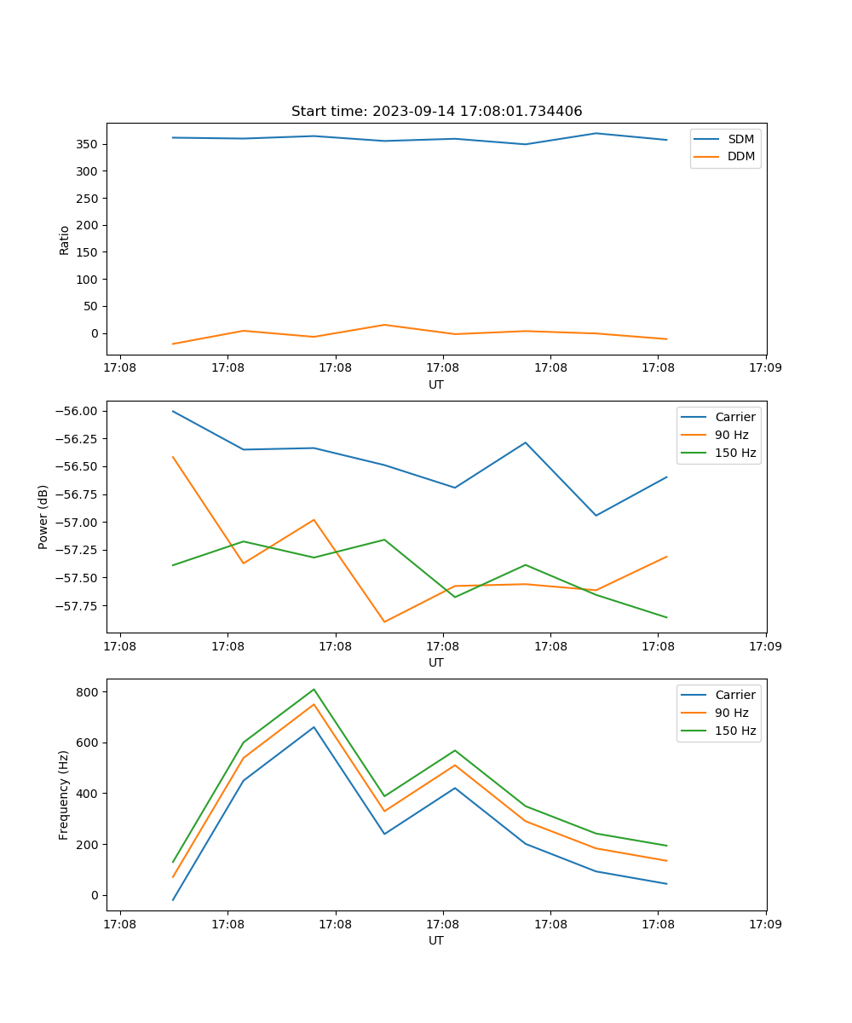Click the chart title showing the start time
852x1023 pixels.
click(436, 112)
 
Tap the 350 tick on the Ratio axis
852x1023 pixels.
click(89, 144)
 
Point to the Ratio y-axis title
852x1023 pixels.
click(65, 240)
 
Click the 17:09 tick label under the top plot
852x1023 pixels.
click(765, 368)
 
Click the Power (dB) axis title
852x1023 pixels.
click(43, 517)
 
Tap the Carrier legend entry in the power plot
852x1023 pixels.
click(734, 417)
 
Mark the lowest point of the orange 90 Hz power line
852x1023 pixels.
click(384, 621)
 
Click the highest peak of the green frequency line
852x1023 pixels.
click(314, 689)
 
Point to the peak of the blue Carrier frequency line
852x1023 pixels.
click(314, 727)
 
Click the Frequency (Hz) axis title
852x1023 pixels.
click(64, 795)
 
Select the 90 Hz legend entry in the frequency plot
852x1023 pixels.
click(731, 713)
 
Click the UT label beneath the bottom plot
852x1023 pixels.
click(436, 940)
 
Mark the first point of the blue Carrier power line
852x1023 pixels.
click(173, 411)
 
